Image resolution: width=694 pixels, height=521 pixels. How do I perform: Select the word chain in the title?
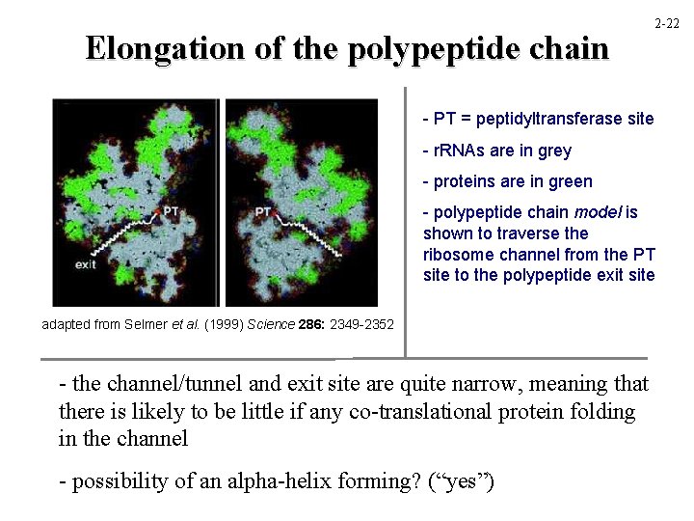570,48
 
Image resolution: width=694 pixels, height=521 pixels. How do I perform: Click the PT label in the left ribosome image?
171,209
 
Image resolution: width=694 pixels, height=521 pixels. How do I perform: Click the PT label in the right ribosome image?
262,209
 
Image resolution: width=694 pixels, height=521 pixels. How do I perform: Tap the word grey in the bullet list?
554,151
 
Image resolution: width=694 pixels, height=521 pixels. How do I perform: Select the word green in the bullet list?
571,181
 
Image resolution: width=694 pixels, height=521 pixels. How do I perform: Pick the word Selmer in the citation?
147,324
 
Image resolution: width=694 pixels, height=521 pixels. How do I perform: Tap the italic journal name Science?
273,324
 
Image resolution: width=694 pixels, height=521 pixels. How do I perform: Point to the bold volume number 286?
313,324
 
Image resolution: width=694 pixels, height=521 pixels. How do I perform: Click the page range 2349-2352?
362,324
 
